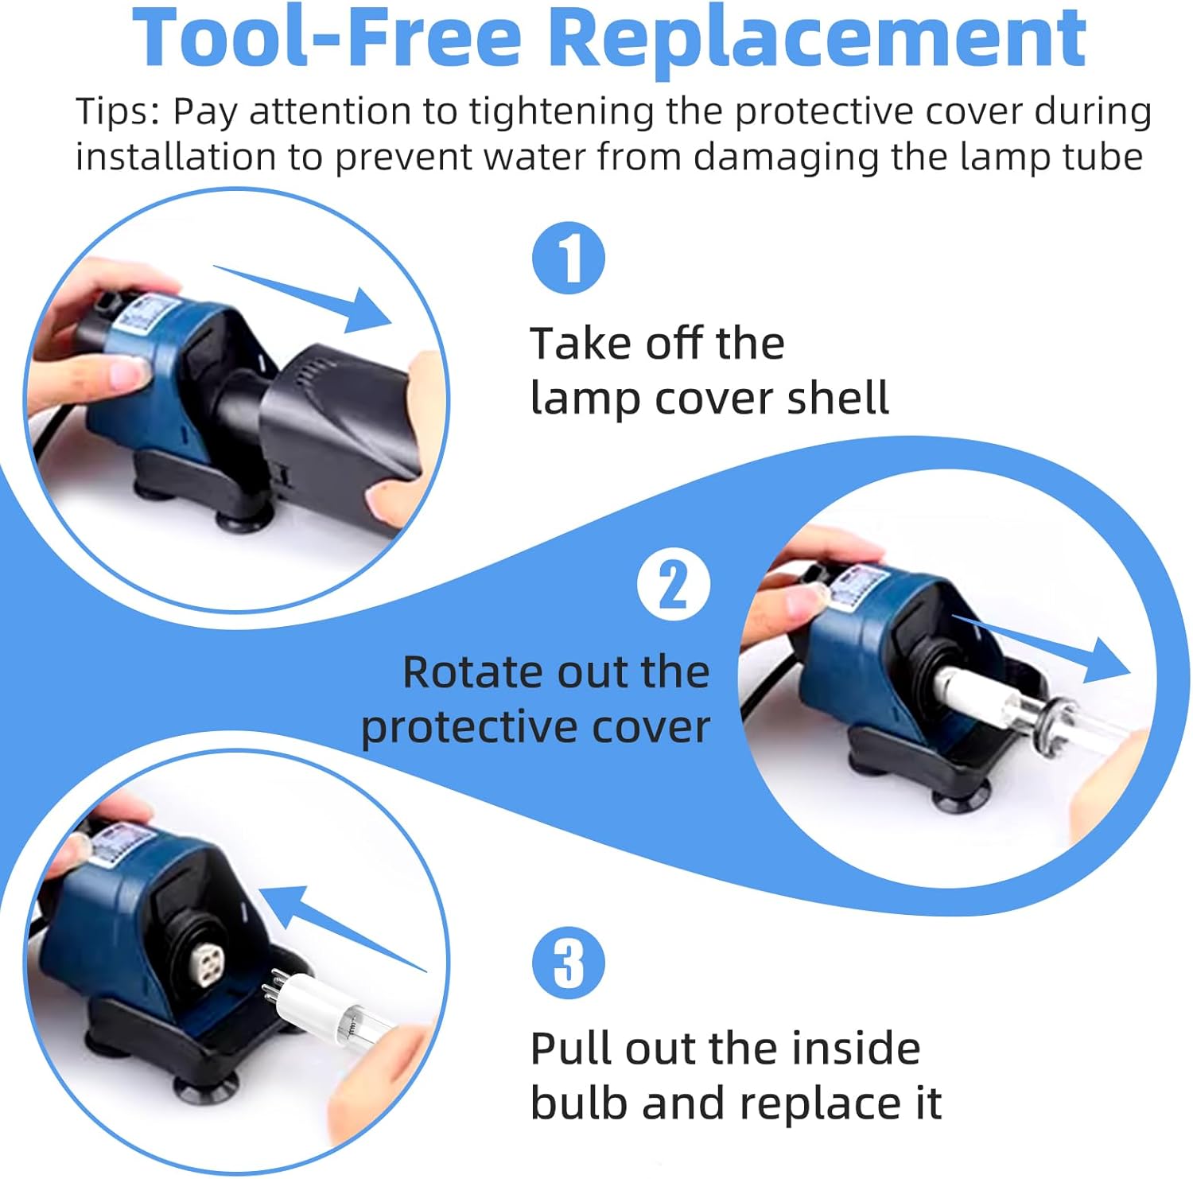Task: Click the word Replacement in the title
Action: (x=818, y=38)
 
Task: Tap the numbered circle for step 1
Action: (x=569, y=258)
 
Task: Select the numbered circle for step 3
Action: (x=569, y=963)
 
